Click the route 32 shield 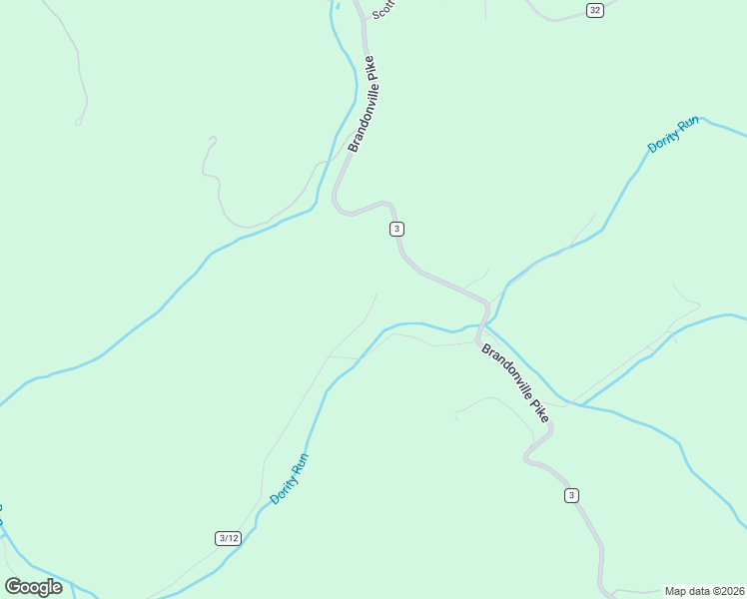coord(595,10)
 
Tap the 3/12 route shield coord(228,538)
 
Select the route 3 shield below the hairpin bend coord(397,229)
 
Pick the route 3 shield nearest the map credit coord(571,495)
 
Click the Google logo coord(33,587)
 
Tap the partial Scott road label coord(383,9)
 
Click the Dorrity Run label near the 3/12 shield coord(289,479)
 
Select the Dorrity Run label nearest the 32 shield coord(673,135)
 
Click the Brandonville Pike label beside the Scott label coord(363,104)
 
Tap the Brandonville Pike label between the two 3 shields coord(514,382)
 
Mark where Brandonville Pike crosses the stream coord(480,327)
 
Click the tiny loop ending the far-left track coord(78,122)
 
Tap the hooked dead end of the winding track coord(211,140)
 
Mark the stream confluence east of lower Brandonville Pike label coord(571,403)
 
